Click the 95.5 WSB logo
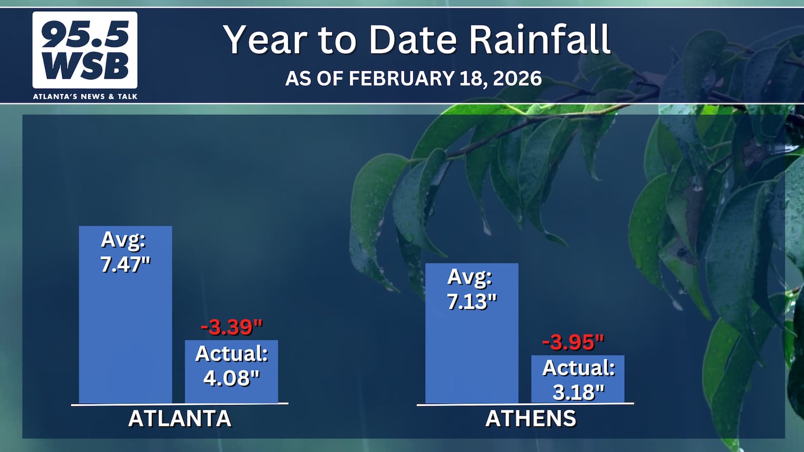[85, 50]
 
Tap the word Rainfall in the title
[540, 39]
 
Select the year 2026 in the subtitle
[517, 78]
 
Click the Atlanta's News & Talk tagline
[85, 97]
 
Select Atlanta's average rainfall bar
[125, 315]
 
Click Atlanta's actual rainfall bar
[231, 372]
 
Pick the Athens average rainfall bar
[472, 333]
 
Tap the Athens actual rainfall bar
[577, 379]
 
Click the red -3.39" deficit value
[232, 327]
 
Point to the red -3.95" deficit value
[573, 342]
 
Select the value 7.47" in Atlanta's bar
[125, 265]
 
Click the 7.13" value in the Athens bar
[472, 301]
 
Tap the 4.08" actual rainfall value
[231, 378]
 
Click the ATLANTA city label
[179, 419]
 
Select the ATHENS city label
[530, 419]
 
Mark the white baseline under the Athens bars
[525, 404]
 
